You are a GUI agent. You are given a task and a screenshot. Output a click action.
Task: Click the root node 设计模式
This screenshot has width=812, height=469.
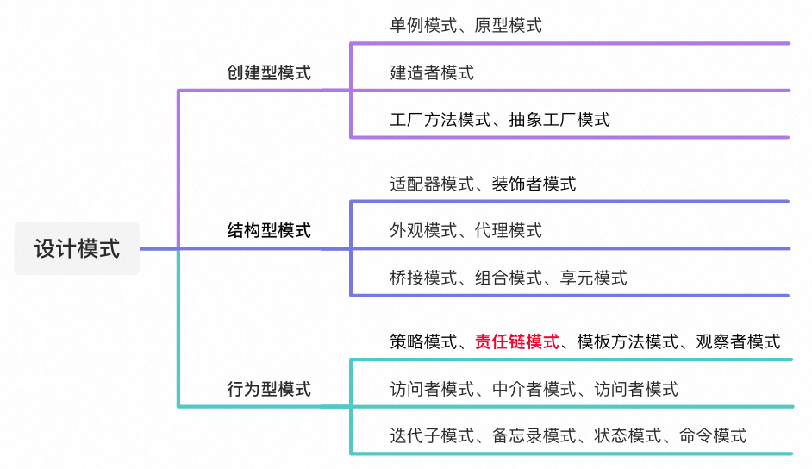click(77, 249)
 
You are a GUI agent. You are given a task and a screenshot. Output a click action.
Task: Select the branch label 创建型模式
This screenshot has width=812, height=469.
click(269, 72)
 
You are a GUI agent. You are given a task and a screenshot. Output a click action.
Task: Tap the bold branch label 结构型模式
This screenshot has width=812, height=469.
click(269, 230)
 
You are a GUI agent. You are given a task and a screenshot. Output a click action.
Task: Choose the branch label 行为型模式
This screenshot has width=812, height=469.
click(269, 388)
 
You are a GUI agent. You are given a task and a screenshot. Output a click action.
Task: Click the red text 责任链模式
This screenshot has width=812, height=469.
click(516, 341)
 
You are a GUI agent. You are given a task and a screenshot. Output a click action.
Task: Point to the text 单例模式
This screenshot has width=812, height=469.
click(422, 25)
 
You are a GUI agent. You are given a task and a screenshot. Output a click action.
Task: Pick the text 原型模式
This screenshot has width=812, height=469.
click(508, 25)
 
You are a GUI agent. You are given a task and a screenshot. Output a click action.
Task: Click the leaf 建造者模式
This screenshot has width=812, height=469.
click(431, 72)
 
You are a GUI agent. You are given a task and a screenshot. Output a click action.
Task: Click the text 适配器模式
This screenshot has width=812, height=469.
click(431, 183)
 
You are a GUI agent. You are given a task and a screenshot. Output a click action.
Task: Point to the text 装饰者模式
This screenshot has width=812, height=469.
click(534, 183)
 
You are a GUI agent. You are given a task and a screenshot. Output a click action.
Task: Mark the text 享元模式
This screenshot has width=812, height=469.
click(593, 277)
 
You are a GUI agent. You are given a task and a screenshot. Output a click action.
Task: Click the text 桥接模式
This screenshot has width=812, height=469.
click(422, 277)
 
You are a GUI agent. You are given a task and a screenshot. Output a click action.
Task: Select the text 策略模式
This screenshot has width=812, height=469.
click(422, 341)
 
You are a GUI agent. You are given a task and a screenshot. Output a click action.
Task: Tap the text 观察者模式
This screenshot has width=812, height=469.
click(738, 341)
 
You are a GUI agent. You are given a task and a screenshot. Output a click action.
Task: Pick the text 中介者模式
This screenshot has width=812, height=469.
click(534, 389)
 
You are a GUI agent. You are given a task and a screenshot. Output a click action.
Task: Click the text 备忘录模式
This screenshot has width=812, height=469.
click(534, 435)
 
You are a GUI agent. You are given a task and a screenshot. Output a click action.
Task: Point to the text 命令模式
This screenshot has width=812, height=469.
click(712, 435)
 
